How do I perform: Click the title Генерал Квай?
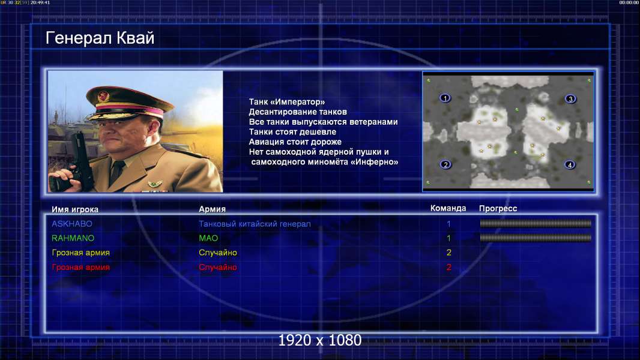pos(100,38)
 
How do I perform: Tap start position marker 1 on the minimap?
pos(445,98)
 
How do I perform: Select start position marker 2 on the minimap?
pos(445,165)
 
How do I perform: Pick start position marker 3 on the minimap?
pos(570,98)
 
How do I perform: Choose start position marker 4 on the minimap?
pos(570,165)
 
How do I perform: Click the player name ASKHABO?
pos(72,224)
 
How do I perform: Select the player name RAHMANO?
pos(73,238)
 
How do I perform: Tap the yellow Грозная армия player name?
pos(81,253)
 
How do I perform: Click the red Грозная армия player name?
pos(81,268)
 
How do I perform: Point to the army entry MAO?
pos(208,238)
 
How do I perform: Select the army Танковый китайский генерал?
pos(255,224)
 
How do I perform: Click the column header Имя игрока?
pos(74,209)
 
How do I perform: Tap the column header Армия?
pos(213,209)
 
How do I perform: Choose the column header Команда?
pos(448,208)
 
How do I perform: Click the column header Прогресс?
pos(498,209)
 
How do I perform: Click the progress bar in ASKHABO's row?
pos(536,223)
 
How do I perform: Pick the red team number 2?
pos(449,268)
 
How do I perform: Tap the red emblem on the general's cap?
pos(103,96)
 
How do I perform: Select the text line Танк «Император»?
pos(287,102)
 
